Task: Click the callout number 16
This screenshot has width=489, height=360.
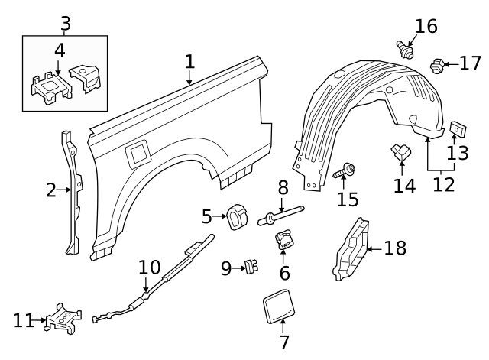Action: pyautogui.click(x=426, y=26)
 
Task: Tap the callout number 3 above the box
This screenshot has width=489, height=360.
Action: pyautogui.click(x=66, y=24)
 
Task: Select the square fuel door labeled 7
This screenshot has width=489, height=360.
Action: pyautogui.click(x=279, y=306)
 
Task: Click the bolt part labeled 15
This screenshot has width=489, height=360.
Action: pyautogui.click(x=345, y=170)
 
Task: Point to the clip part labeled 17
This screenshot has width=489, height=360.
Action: pyautogui.click(x=438, y=66)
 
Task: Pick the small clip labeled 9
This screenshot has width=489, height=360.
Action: pyautogui.click(x=251, y=267)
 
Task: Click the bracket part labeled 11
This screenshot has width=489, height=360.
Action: pyautogui.click(x=63, y=319)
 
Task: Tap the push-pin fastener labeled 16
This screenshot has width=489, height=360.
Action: pyautogui.click(x=406, y=50)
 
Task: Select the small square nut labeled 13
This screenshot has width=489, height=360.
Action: pyautogui.click(x=458, y=129)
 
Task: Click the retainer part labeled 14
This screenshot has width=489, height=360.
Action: pyautogui.click(x=401, y=152)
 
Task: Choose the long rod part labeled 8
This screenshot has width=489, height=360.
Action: pyautogui.click(x=281, y=216)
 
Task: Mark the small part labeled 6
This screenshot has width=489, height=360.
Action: pyautogui.click(x=283, y=239)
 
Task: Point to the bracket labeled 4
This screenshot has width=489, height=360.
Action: pyautogui.click(x=51, y=88)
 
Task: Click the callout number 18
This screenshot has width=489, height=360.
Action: pyautogui.click(x=395, y=248)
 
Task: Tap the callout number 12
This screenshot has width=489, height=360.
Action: pyautogui.click(x=443, y=184)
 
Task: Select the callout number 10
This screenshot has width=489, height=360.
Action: pyautogui.click(x=150, y=267)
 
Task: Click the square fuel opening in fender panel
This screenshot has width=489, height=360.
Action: pyautogui.click(x=137, y=154)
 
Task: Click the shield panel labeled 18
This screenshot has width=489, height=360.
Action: pyautogui.click(x=351, y=249)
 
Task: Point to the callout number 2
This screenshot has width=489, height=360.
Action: pyautogui.click(x=51, y=190)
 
